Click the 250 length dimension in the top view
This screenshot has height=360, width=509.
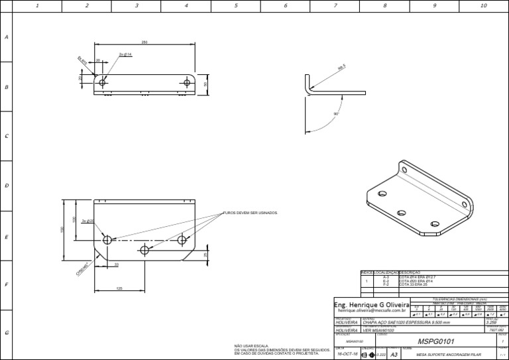pyautogui.click(x=144, y=42)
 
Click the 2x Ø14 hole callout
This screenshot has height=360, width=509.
pyautogui.click(x=125, y=54)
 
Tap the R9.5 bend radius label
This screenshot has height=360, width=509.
pyautogui.click(x=342, y=68)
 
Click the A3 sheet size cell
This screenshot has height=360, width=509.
pyautogui.click(x=395, y=354)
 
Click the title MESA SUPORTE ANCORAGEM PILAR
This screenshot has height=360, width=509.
pyautogui.click(x=447, y=355)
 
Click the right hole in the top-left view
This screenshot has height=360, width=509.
pyautogui.click(x=187, y=83)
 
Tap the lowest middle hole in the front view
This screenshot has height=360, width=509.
pyautogui.click(x=144, y=250)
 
